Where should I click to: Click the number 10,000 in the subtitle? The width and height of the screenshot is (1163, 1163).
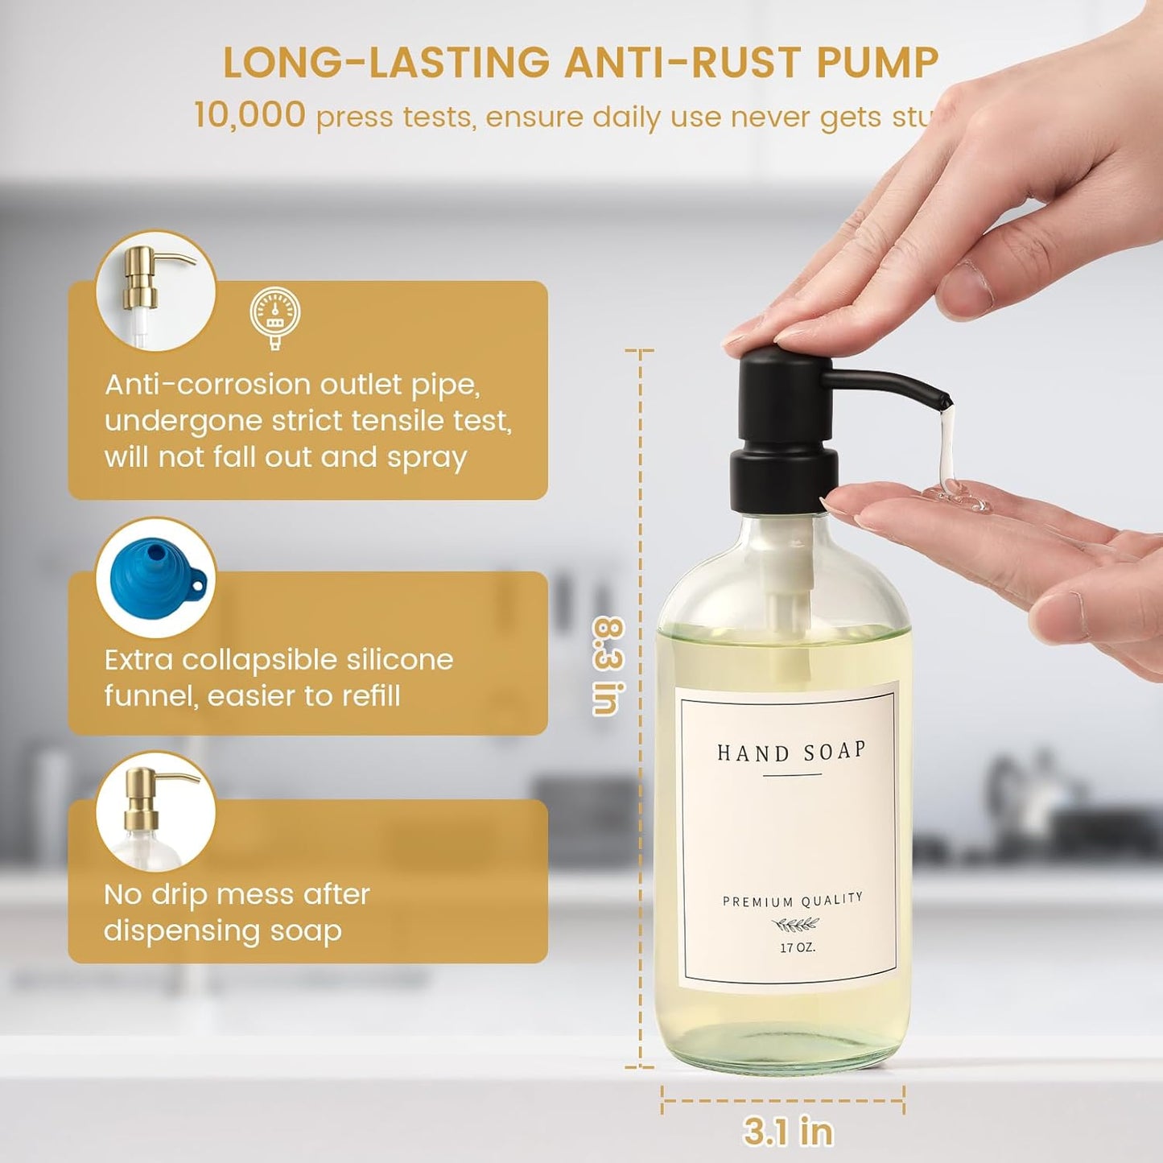pyautogui.click(x=250, y=115)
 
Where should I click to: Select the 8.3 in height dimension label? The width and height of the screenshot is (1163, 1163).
pyautogui.click(x=608, y=666)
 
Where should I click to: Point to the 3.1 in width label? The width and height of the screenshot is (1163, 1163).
pyautogui.click(x=788, y=1131)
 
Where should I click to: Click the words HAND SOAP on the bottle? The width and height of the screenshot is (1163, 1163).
pyautogui.click(x=791, y=753)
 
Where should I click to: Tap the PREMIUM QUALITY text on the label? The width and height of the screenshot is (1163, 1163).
pyautogui.click(x=792, y=900)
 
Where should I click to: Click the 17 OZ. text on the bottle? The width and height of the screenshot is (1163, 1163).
pyautogui.click(x=797, y=947)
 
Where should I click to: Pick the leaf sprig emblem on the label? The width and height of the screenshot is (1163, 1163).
pyautogui.click(x=795, y=925)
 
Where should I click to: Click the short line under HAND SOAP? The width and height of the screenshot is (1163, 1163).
pyautogui.click(x=792, y=775)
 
